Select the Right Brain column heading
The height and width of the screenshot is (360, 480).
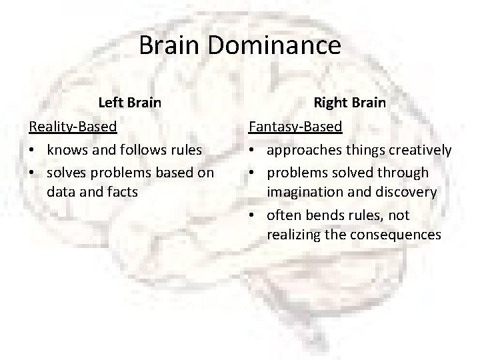click(x=350, y=103)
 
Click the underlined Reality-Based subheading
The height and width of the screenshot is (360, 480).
click(x=73, y=125)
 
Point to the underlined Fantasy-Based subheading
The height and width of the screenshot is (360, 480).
click(x=295, y=125)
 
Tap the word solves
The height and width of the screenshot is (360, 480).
click(x=67, y=173)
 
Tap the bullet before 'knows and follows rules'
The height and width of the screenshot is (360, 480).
click(x=33, y=150)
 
